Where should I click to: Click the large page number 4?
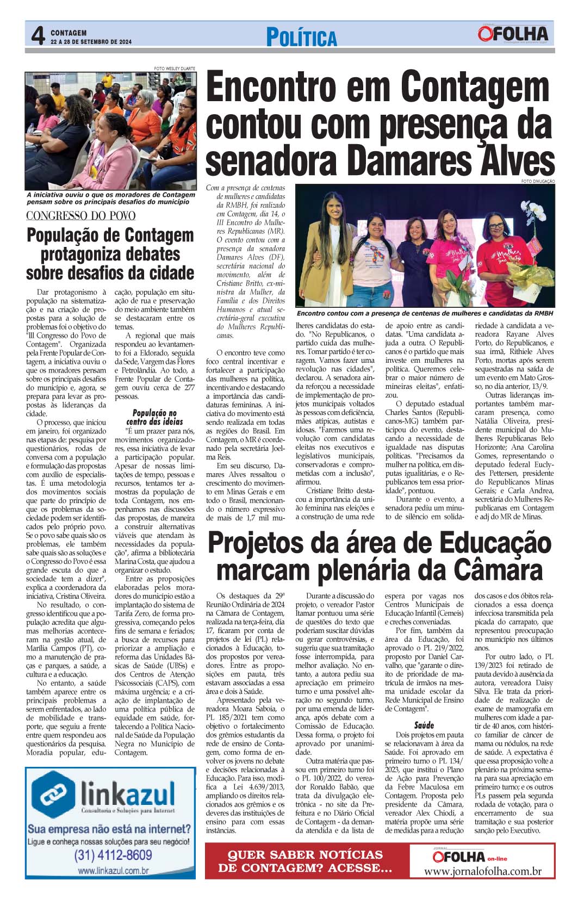pos(37,36)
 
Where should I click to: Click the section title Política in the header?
pos(301,38)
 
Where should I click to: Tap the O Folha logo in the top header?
pos(513,34)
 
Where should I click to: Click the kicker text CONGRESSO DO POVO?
pos(81,215)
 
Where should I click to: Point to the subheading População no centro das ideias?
pos(154,417)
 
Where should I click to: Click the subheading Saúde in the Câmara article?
pos(424,726)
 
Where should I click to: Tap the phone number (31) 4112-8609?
pos(113,854)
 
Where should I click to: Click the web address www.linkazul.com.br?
pos(113,871)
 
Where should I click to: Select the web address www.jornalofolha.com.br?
pos(482,871)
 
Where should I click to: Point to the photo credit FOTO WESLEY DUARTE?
pos(175,69)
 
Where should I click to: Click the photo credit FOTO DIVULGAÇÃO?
pos(537,181)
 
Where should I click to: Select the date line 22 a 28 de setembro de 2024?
pos(91,41)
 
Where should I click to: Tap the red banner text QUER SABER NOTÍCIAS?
pos(305,854)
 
